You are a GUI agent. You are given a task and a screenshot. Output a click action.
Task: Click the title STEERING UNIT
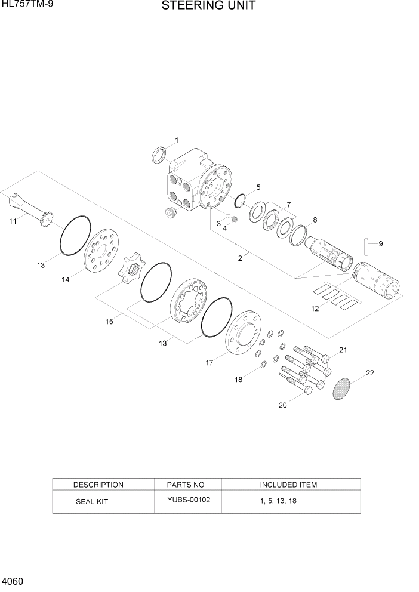point(208,7)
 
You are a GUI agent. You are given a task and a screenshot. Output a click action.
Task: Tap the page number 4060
point(13,581)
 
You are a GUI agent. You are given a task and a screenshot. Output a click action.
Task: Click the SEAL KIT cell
point(91,501)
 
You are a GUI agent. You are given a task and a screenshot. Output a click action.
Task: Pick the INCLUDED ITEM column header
point(288,485)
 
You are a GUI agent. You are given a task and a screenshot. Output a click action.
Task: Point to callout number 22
point(369,373)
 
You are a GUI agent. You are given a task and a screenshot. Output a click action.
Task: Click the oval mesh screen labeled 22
point(343,388)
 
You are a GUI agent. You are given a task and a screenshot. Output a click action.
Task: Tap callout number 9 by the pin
point(381,243)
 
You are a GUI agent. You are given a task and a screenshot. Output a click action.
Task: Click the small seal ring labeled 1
point(160,155)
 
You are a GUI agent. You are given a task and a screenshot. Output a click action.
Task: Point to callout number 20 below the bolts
point(282,405)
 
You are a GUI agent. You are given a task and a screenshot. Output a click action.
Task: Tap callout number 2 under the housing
point(240,258)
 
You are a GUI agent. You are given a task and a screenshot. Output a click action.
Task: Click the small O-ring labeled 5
point(240,199)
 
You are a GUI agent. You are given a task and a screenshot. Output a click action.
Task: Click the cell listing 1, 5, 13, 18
point(278,501)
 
